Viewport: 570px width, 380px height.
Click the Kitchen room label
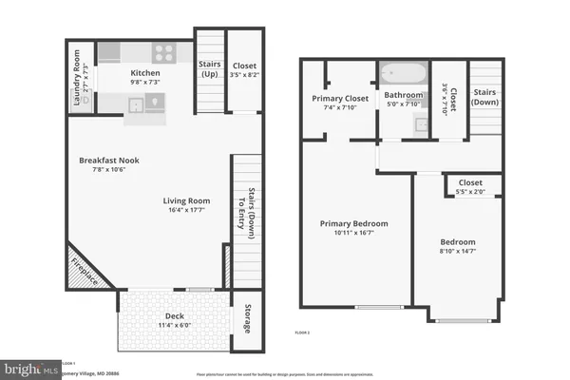(x=144, y=73)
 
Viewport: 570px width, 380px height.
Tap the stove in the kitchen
(x=162, y=53)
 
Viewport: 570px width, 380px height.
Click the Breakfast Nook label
(x=108, y=161)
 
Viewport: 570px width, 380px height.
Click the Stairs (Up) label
(x=210, y=69)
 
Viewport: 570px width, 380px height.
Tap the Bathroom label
(x=403, y=96)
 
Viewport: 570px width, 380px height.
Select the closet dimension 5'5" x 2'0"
(x=470, y=192)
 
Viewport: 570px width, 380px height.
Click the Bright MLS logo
(x=28, y=366)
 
